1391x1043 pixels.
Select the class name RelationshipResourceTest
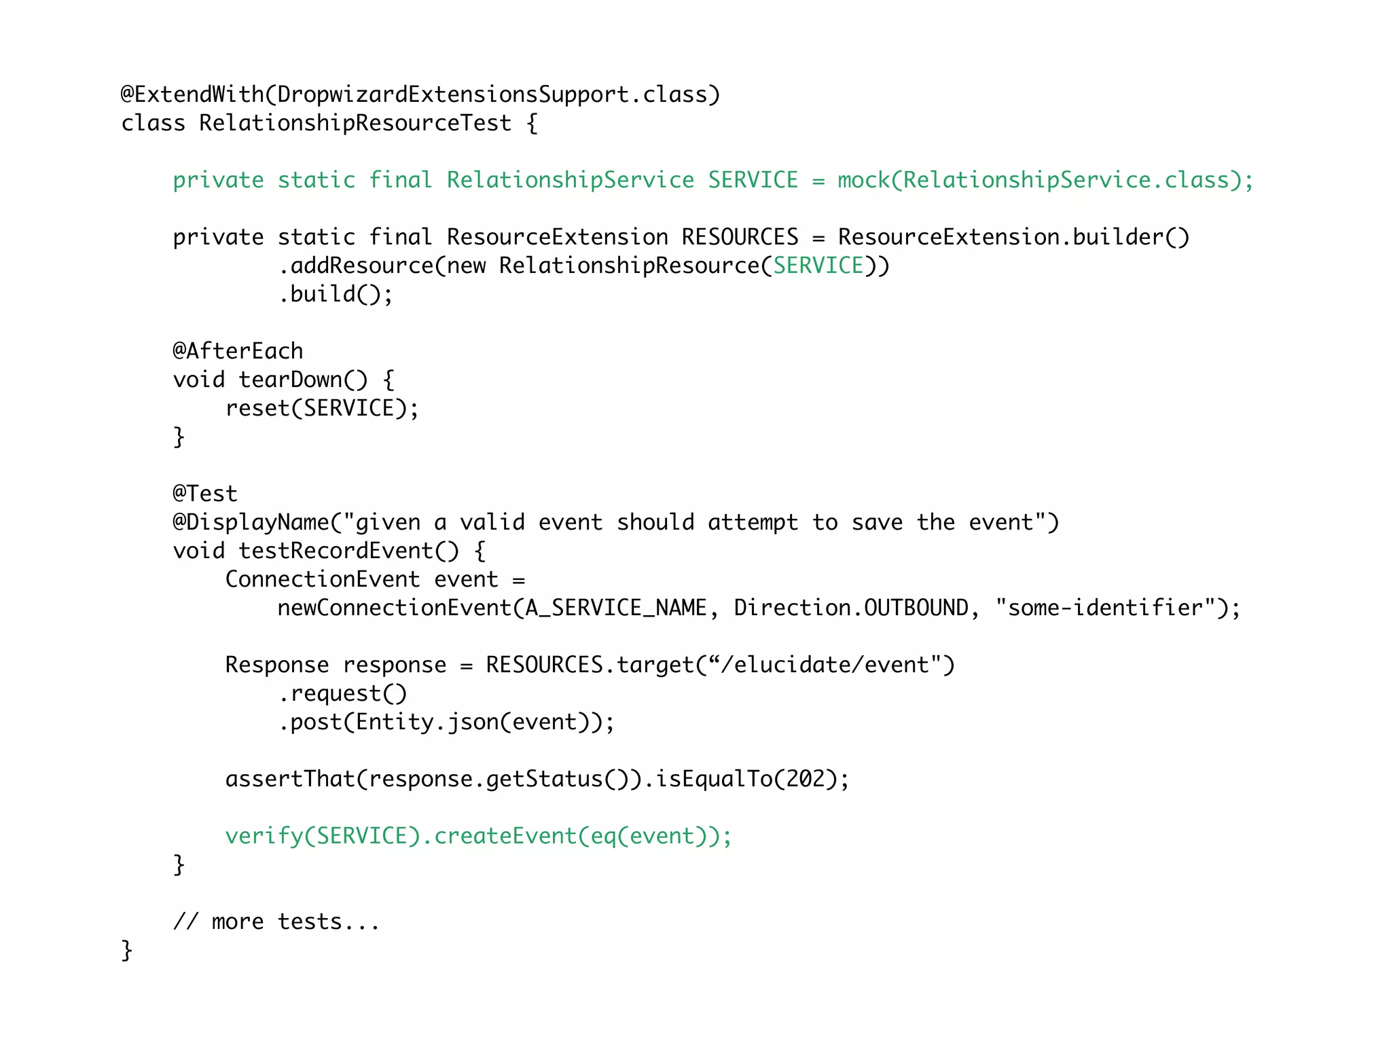(355, 123)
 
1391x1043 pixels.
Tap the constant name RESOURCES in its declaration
(740, 237)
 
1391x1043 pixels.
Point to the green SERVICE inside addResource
(818, 266)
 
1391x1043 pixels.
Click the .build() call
(336, 294)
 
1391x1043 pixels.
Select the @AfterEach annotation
(238, 351)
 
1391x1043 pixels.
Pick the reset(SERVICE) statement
(322, 408)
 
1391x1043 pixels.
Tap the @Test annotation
(205, 494)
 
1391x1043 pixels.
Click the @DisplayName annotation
(251, 522)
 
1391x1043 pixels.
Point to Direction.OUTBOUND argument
(851, 608)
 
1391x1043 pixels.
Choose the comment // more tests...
(276, 922)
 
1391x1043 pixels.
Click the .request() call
(342, 693)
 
